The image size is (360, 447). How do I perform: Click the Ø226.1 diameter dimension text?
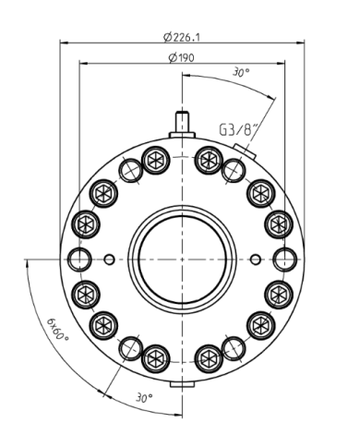[x=182, y=37]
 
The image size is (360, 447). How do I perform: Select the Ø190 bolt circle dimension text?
[x=182, y=57]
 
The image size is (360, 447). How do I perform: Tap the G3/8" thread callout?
[x=239, y=129]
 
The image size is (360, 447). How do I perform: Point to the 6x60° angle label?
[x=58, y=330]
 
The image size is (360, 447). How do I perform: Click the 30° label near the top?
[x=241, y=73]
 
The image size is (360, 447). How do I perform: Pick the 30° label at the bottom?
[x=144, y=397]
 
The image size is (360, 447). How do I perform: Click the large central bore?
[x=183, y=260]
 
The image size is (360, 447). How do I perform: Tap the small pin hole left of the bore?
[x=109, y=260]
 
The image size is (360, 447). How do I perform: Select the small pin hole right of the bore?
[x=256, y=260]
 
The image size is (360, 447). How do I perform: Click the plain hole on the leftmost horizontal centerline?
[x=79, y=260]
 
